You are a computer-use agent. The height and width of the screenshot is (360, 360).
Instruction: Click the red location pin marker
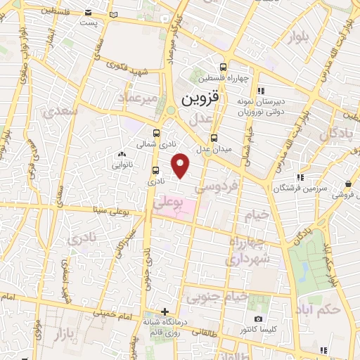coord(181,165)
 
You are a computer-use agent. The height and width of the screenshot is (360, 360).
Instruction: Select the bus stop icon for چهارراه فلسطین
coord(223,62)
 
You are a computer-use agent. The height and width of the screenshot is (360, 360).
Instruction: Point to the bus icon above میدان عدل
coord(214,138)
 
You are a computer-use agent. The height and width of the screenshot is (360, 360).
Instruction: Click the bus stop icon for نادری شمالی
coord(156,132)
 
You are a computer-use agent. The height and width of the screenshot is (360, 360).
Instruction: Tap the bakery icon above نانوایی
coord(122,155)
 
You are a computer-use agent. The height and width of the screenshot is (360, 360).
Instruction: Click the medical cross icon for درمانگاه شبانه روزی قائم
coord(165,311)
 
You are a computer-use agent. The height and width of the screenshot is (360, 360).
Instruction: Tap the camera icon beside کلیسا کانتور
coord(258,319)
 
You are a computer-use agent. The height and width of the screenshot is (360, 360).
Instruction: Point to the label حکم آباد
coord(318,309)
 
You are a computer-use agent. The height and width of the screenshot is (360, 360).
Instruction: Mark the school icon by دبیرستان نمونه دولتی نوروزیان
coord(261,91)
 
